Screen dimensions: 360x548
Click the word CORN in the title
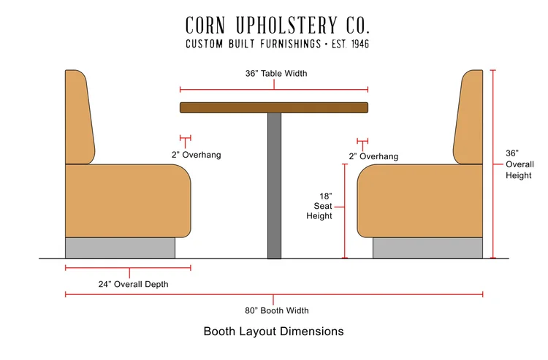point(210,25)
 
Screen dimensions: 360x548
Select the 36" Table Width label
point(274,74)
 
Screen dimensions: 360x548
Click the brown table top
point(274,108)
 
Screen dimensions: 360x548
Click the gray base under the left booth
point(121,248)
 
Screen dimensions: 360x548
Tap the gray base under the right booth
point(427,248)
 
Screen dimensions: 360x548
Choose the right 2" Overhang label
point(373,156)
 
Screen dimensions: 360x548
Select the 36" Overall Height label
point(520,164)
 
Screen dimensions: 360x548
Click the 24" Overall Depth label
point(133,284)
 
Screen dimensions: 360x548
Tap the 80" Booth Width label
point(274,310)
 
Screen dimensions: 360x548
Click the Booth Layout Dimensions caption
point(273,332)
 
